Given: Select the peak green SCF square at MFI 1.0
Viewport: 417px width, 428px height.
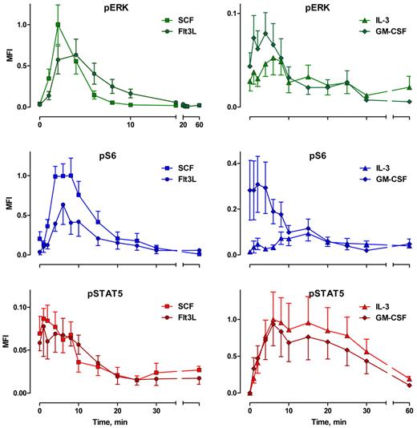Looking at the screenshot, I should point(58,25).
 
